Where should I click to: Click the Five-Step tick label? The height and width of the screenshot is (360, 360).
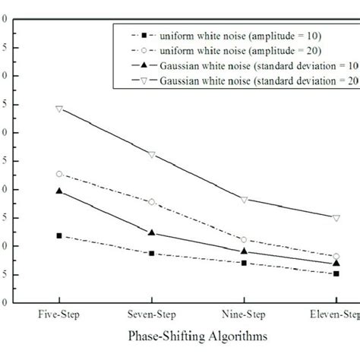tap(59, 312)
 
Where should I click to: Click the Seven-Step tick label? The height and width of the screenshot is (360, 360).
tap(152, 312)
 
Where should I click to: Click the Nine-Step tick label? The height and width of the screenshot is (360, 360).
tap(244, 312)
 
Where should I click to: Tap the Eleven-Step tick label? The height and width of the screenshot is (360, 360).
tap(335, 312)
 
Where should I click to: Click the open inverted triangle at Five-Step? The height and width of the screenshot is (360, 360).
tap(59, 109)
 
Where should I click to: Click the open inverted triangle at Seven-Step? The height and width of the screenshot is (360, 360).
tap(152, 155)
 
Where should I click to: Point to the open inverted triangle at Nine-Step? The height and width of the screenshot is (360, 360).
tap(244, 200)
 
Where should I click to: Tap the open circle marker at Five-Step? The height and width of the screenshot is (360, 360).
tap(59, 174)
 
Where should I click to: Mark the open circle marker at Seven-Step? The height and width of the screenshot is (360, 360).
tap(152, 202)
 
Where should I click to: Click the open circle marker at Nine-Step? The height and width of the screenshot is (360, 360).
tap(244, 240)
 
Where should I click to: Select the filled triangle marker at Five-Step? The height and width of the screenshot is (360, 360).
tap(59, 191)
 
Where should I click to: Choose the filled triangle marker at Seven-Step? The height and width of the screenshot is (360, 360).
tap(152, 232)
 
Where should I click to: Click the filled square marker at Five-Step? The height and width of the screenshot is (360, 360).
tap(59, 235)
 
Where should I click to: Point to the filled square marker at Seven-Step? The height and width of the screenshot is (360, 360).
tap(152, 253)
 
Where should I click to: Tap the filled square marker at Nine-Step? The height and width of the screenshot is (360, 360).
tap(244, 263)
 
